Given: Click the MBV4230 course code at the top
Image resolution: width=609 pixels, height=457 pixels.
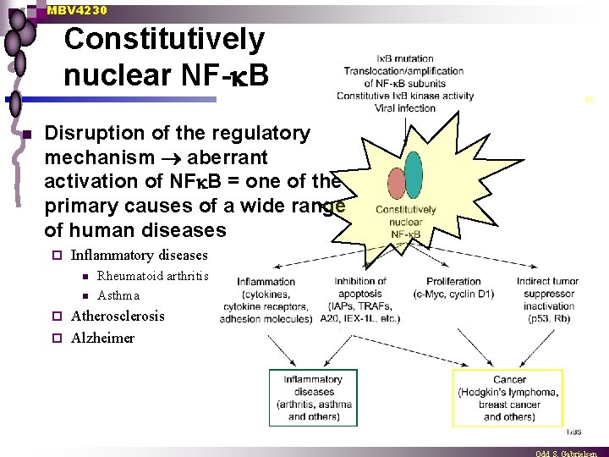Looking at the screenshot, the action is click(x=77, y=10).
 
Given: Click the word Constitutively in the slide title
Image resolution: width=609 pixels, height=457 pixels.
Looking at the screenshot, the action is click(x=164, y=39).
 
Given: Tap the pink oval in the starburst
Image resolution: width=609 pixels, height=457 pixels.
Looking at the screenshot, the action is click(x=397, y=184).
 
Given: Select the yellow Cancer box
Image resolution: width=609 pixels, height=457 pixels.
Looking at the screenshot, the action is click(x=508, y=398).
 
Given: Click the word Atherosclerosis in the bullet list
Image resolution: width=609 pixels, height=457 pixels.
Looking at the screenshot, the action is click(x=118, y=316).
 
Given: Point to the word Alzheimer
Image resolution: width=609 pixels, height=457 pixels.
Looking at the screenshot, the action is click(x=102, y=338).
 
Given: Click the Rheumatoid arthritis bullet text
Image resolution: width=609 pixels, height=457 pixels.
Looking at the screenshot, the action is click(x=153, y=275).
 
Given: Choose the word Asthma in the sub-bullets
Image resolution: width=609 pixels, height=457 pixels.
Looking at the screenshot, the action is click(x=118, y=295).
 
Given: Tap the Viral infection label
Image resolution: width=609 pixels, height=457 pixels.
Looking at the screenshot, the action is click(x=405, y=107).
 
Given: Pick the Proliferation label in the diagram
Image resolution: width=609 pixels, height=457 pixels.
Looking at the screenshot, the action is click(x=453, y=281).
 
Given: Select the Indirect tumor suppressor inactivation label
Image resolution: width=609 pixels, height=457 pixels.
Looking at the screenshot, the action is click(x=549, y=294).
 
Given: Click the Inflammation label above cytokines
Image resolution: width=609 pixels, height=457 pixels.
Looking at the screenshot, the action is click(x=266, y=282).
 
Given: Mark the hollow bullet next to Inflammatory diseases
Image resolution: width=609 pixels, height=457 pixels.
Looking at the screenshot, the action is click(x=58, y=256).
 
